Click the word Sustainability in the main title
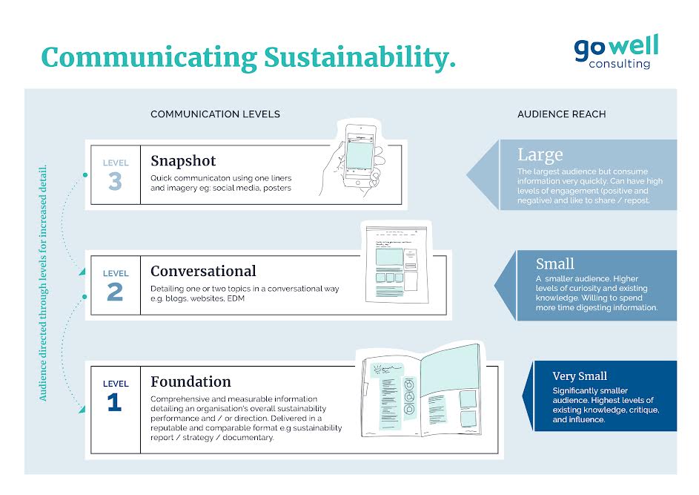point(360,58)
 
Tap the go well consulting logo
point(616,51)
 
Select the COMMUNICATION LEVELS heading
point(215,114)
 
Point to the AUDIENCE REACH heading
point(562,114)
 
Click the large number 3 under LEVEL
point(115,181)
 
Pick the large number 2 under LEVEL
point(115,292)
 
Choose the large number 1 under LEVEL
point(115,402)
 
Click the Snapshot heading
point(183,161)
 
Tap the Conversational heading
point(203,271)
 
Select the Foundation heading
point(191,381)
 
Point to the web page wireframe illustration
point(397,264)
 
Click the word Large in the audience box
point(540,155)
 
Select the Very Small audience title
point(580,376)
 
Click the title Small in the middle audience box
point(555,263)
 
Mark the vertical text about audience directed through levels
point(43,283)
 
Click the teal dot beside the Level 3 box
point(85,175)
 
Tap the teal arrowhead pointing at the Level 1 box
point(82,410)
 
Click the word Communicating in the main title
point(149,58)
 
